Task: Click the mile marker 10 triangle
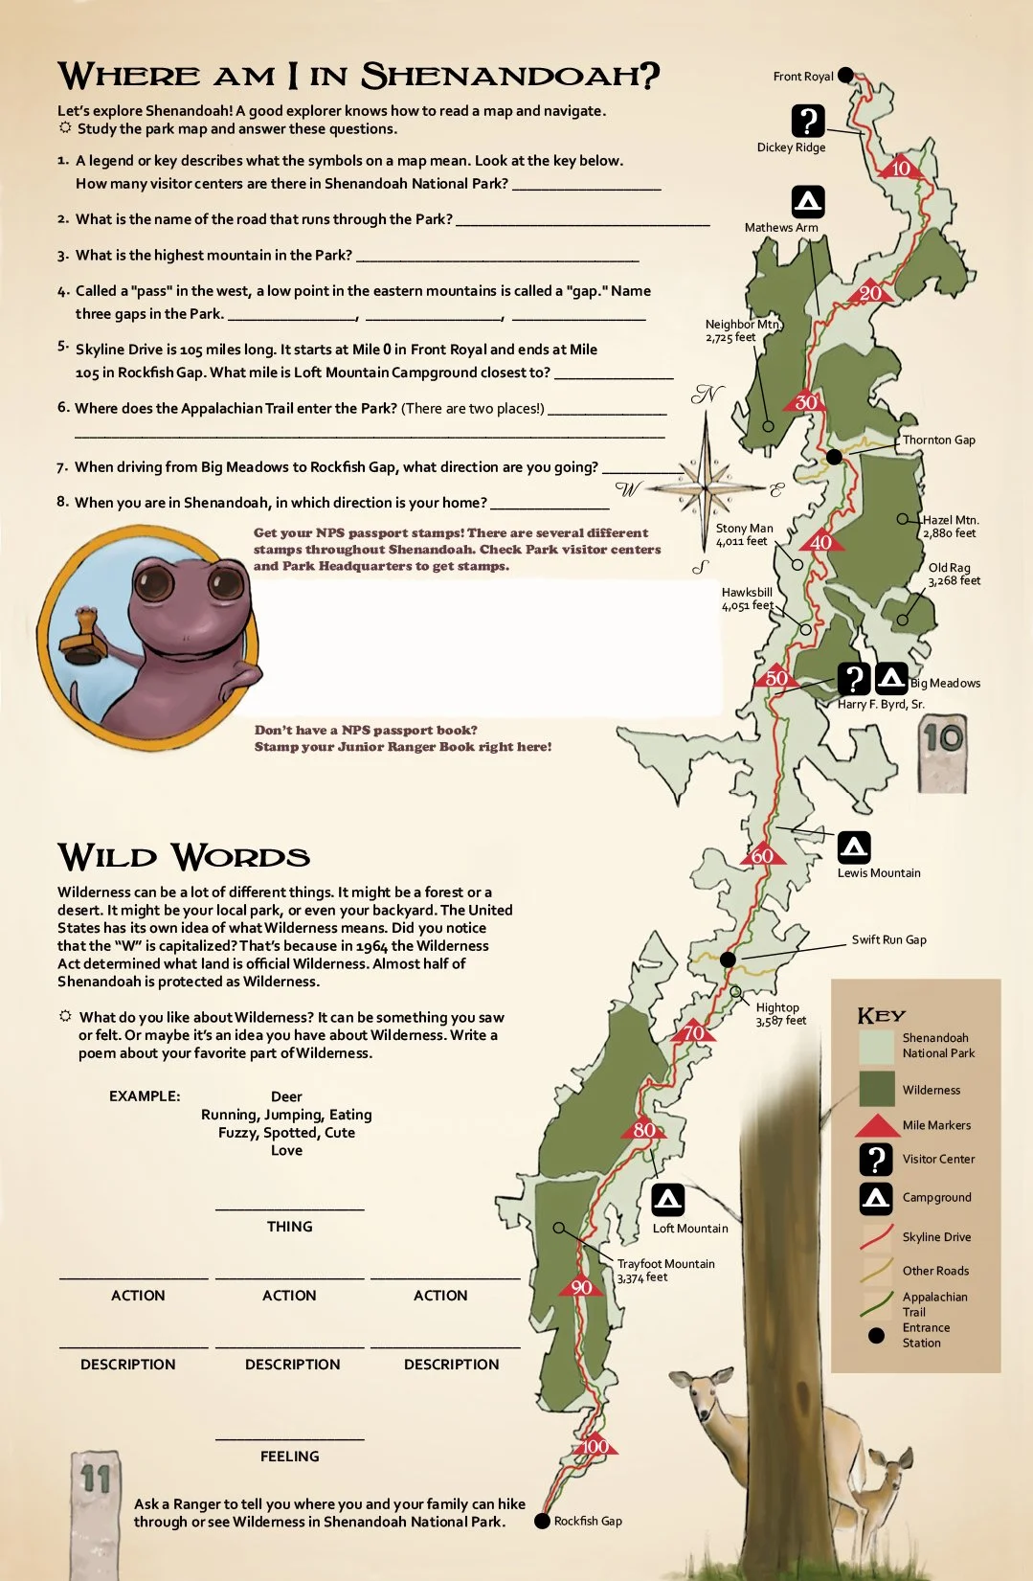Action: (x=900, y=168)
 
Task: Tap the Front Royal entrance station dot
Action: (x=845, y=76)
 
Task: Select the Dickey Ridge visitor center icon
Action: (x=808, y=121)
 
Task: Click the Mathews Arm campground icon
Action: (x=808, y=201)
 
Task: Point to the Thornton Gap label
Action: (x=938, y=440)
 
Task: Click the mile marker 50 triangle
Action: (x=775, y=677)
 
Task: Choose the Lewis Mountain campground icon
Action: (x=854, y=847)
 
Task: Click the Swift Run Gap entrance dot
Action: (x=728, y=960)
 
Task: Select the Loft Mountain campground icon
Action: (x=668, y=1200)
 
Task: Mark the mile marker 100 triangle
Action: (x=595, y=1446)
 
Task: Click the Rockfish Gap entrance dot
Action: (x=542, y=1521)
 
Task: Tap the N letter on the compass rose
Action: (x=707, y=394)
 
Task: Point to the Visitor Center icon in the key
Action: (x=876, y=1159)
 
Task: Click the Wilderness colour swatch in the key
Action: (x=876, y=1089)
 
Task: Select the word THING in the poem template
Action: (x=290, y=1227)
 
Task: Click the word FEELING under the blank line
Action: (x=290, y=1457)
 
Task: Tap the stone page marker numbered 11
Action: (x=96, y=1513)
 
